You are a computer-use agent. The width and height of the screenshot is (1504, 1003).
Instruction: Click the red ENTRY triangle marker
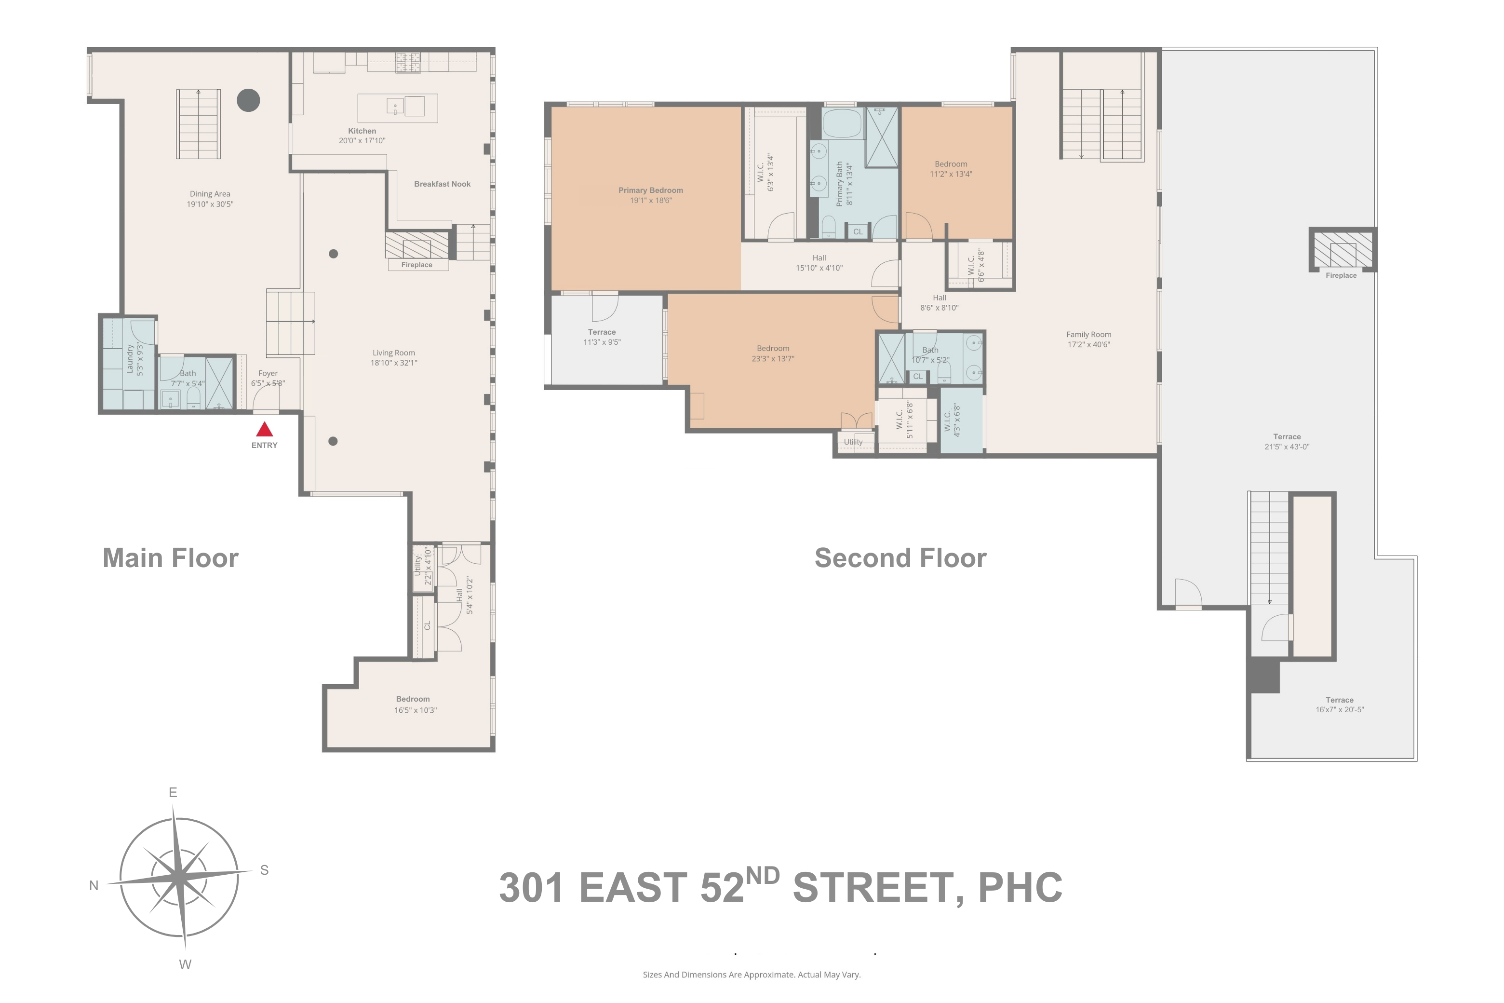pyautogui.click(x=264, y=429)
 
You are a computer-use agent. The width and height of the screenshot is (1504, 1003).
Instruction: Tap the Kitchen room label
pyautogui.click(x=362, y=131)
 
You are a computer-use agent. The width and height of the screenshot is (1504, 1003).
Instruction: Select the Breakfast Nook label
pyautogui.click(x=442, y=184)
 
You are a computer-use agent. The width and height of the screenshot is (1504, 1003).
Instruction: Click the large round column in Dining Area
pyautogui.click(x=248, y=100)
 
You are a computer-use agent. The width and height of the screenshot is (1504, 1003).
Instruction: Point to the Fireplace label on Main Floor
pyautogui.click(x=416, y=265)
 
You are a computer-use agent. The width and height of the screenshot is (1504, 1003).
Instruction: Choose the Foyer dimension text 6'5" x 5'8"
pyautogui.click(x=268, y=384)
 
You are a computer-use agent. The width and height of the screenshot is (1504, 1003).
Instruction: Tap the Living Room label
pyautogui.click(x=393, y=353)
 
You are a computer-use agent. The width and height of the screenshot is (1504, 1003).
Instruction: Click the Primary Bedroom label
pyautogui.click(x=650, y=190)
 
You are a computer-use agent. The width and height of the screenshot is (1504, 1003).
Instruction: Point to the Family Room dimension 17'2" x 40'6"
pyautogui.click(x=1088, y=345)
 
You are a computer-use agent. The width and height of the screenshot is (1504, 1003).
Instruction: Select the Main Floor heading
pyautogui.click(x=171, y=558)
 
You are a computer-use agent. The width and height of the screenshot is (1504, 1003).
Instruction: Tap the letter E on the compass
pyautogui.click(x=173, y=793)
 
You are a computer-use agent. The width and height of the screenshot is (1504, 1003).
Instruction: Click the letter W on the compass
pyautogui.click(x=185, y=964)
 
